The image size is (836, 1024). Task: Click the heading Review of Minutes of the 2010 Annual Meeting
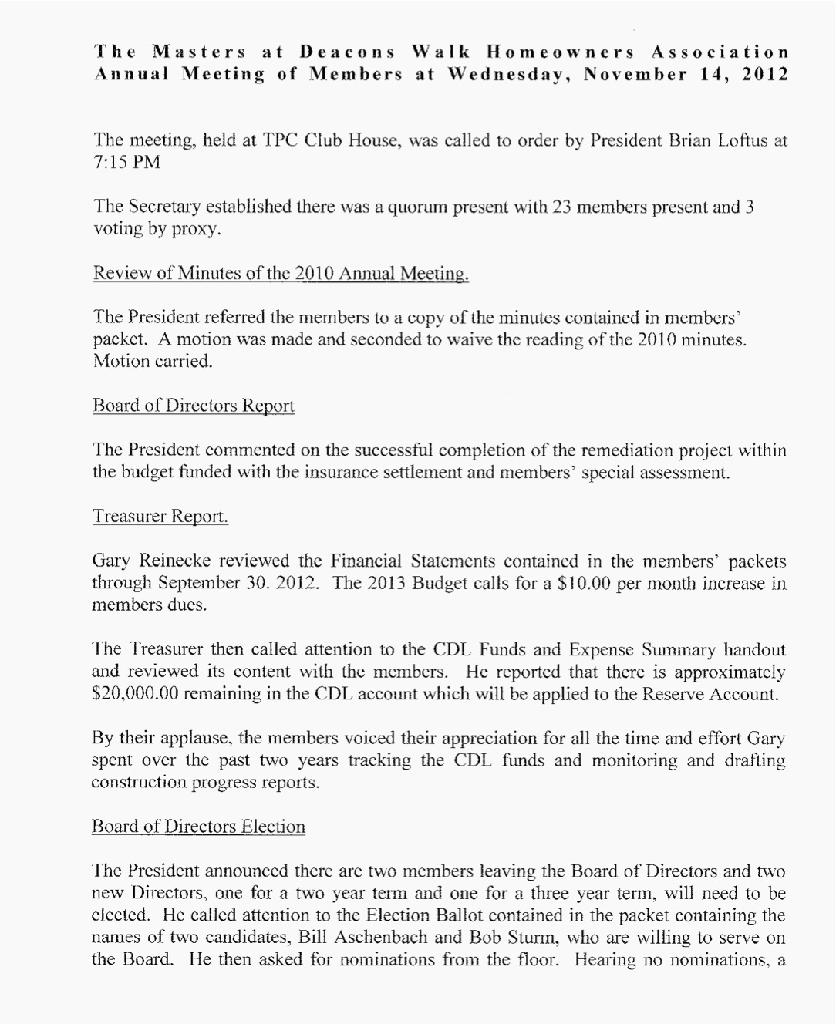281,274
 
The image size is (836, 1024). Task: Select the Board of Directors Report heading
193,406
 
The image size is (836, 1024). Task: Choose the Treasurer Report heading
160,516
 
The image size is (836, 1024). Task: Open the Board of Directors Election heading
198,827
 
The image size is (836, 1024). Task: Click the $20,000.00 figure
135,693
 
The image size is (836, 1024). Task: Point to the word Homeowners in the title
560,52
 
